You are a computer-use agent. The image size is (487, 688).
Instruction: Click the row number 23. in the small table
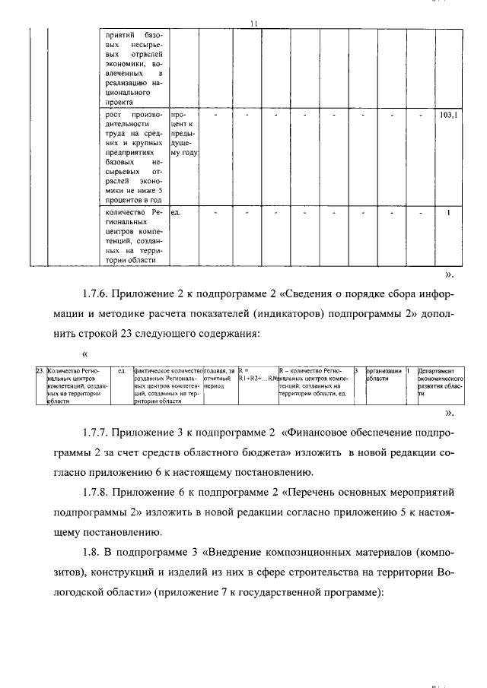[x=40, y=371]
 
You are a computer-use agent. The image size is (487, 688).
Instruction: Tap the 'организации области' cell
[x=383, y=375]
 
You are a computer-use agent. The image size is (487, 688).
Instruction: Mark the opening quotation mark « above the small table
[x=84, y=354]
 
